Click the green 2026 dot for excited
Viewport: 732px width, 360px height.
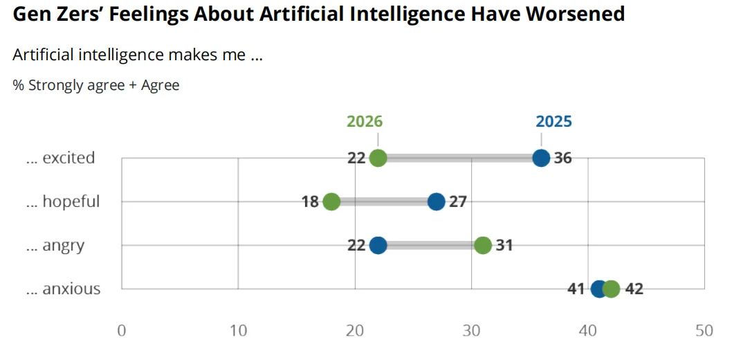(378, 158)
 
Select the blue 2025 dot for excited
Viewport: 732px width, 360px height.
(541, 158)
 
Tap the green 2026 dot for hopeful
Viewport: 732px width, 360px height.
(331, 201)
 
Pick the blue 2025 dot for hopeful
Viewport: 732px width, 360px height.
(436, 201)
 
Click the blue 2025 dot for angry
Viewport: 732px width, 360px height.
(378, 245)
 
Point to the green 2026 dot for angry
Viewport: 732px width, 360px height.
(483, 245)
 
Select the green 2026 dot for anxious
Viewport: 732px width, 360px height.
(612, 289)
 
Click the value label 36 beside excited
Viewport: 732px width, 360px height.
(563, 158)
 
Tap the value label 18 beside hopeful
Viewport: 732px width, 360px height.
(310, 201)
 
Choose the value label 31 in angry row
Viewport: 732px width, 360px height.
(504, 245)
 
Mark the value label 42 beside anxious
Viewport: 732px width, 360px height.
(634, 289)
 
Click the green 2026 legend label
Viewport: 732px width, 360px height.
(365, 122)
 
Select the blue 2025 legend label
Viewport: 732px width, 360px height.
(553, 122)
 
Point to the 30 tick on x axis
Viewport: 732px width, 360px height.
(471, 331)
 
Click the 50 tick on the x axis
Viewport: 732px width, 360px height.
(704, 331)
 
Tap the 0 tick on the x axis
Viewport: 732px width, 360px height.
(122, 331)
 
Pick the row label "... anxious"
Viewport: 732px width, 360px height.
(63, 289)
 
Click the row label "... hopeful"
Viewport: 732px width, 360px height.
(63, 201)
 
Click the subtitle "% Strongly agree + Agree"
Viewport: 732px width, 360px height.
(96, 85)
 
